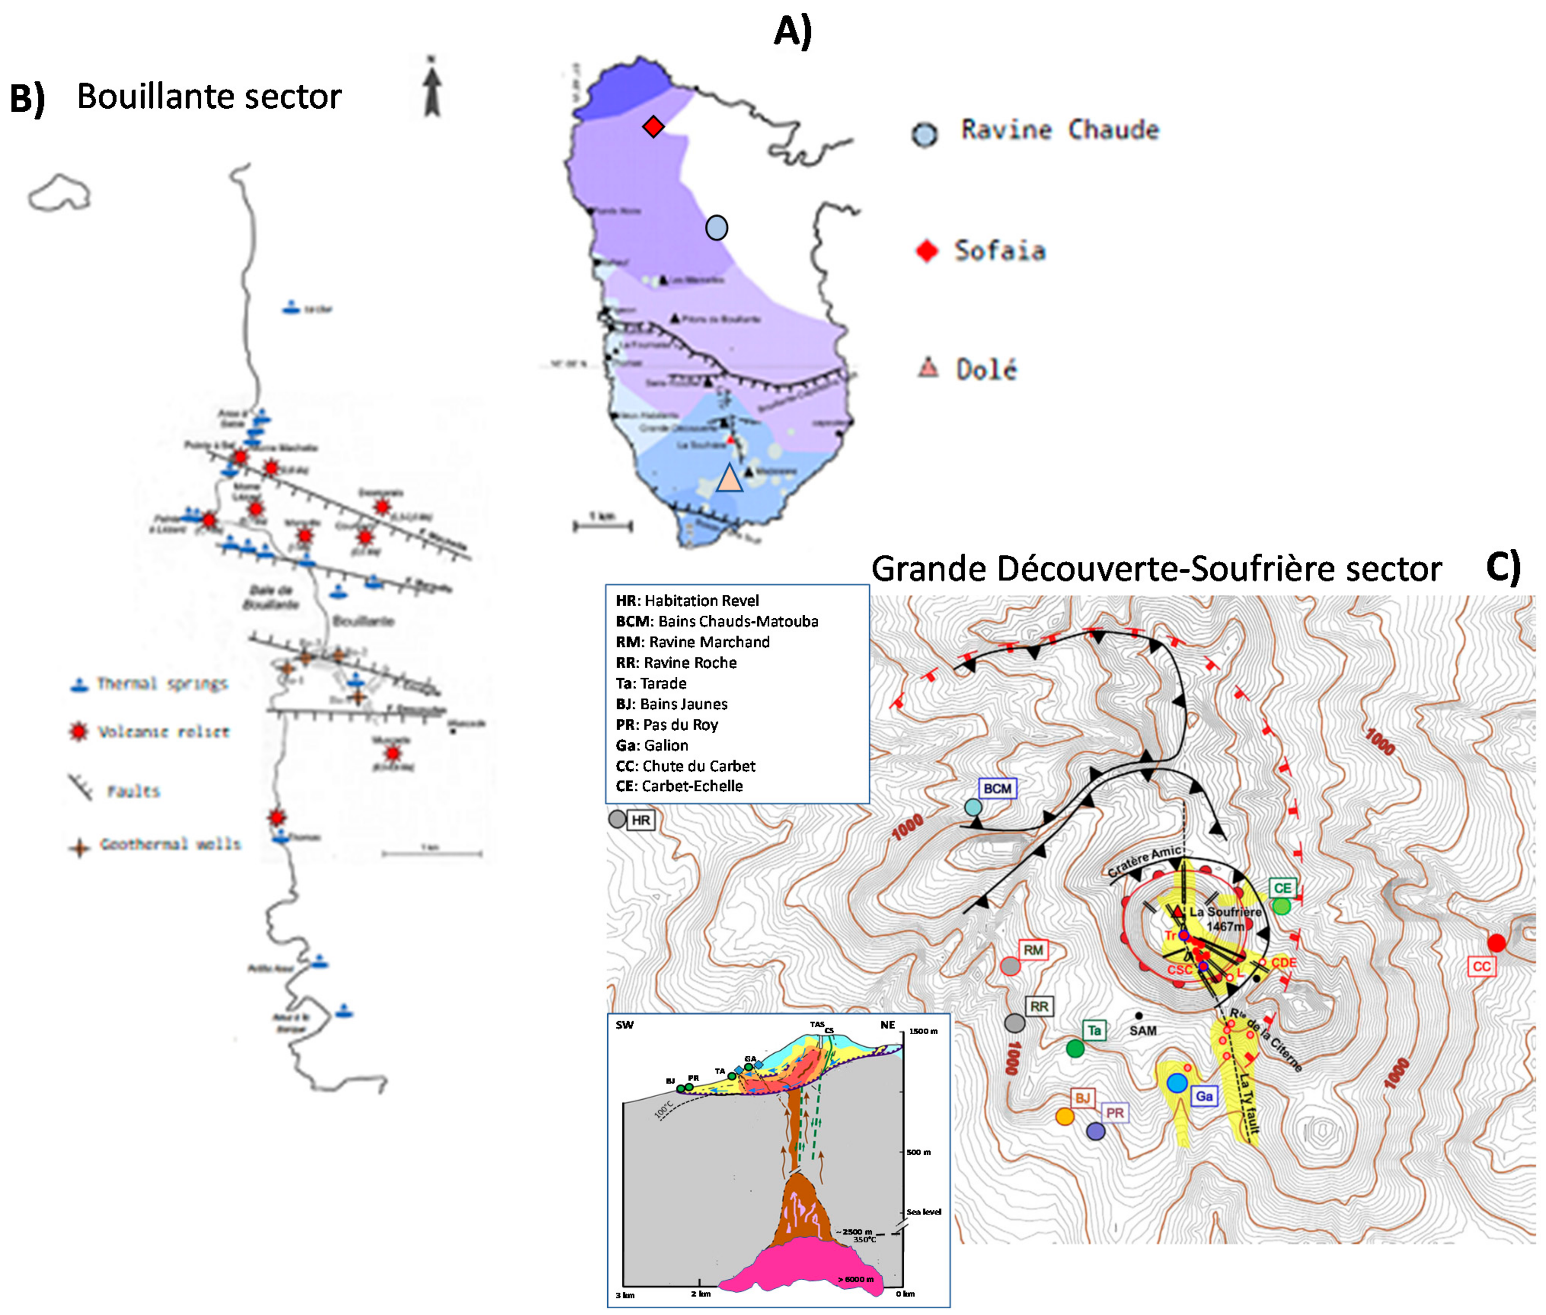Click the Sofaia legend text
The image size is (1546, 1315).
1000,251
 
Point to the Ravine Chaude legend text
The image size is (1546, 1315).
1059,130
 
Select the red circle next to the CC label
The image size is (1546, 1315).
1496,943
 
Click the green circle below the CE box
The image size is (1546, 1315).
1281,906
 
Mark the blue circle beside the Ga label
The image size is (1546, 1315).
1177,1082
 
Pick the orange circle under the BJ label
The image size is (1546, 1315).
1065,1116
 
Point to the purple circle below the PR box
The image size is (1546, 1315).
1095,1131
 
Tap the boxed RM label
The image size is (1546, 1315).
1033,950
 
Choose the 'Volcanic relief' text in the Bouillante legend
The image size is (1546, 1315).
163,732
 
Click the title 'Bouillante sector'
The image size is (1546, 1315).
209,97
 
